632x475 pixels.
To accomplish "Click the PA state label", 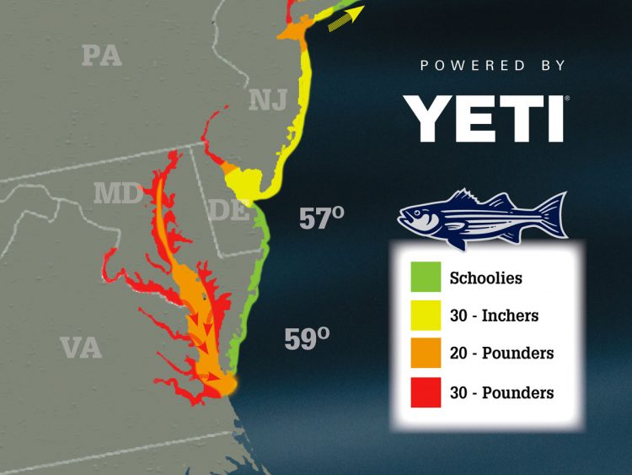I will [x=101, y=56].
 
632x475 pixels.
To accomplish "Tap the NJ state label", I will [x=269, y=100].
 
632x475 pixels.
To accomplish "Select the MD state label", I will [x=119, y=193].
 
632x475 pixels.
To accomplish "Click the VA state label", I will [x=81, y=347].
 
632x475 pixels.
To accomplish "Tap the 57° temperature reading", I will [x=322, y=219].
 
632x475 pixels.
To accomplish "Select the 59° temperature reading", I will [x=306, y=338].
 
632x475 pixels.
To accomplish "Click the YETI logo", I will [x=483, y=118].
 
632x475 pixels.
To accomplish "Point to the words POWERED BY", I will [x=494, y=65].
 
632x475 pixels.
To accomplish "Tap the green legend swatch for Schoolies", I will [x=426, y=278].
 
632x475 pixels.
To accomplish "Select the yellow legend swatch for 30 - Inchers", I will [x=426, y=316].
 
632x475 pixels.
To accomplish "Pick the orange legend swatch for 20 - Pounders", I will [x=426, y=354].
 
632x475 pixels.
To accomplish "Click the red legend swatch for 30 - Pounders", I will [x=426, y=393].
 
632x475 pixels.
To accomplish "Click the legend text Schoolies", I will [x=486, y=278].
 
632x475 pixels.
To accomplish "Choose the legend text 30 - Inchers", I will [x=494, y=316].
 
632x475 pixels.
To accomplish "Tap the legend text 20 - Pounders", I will [x=501, y=354].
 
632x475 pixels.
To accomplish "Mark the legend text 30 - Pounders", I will [x=501, y=393].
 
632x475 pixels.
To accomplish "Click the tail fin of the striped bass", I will [x=552, y=216].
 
